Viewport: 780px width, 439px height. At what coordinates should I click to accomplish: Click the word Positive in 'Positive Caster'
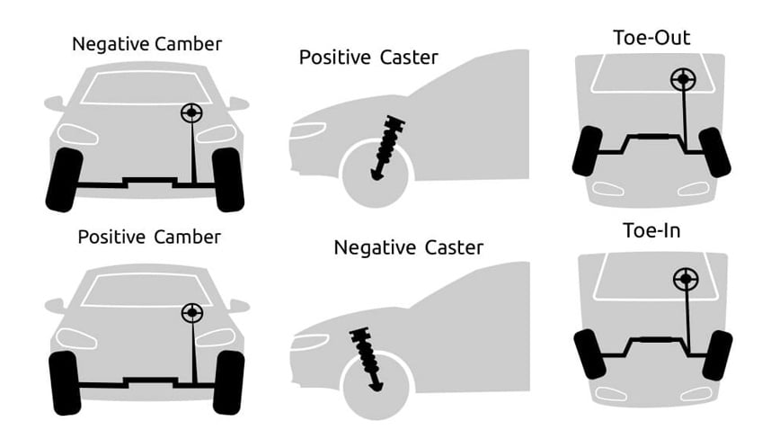point(335,58)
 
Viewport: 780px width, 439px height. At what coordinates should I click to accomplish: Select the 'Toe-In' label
point(650,230)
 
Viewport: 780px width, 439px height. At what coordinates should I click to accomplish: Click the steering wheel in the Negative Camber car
point(191,112)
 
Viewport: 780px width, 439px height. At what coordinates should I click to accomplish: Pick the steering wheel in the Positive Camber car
point(191,313)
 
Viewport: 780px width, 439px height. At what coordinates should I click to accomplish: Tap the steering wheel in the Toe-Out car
point(683,80)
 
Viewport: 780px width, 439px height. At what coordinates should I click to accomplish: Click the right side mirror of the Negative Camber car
point(237,103)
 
